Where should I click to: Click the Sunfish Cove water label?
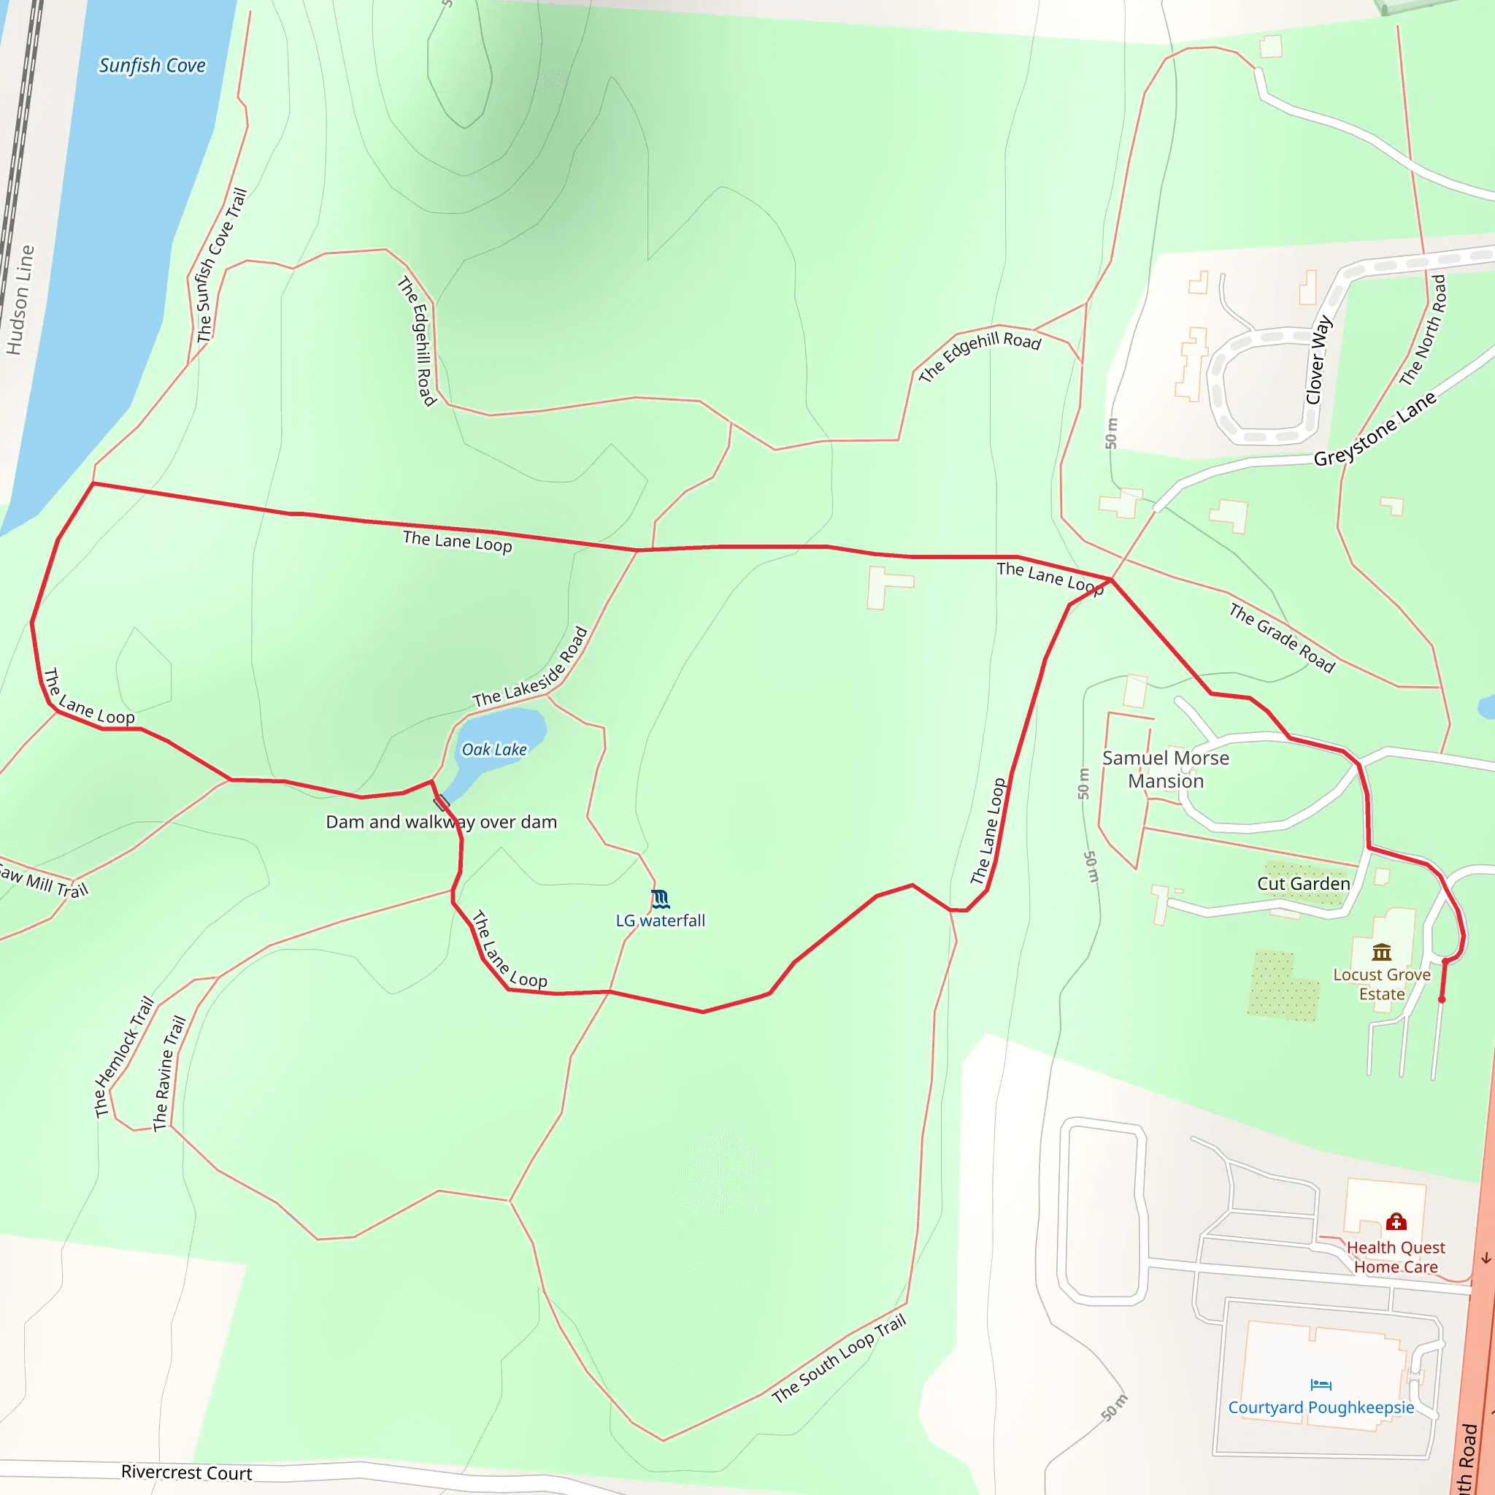(152, 66)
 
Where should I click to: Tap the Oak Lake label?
(493, 749)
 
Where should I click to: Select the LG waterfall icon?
(660, 899)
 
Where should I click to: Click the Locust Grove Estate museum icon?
(1381, 952)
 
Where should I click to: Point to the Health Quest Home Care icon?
(1396, 1222)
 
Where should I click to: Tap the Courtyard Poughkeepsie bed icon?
(1321, 1384)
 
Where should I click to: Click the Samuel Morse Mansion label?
(1165, 769)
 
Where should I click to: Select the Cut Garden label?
(1303, 884)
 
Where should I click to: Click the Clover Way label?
(1318, 359)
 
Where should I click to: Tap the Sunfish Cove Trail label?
(221, 265)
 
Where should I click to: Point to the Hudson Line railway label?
(20, 299)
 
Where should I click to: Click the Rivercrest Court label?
(186, 1472)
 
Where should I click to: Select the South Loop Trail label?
(839, 1358)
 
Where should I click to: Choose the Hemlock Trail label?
(125, 1057)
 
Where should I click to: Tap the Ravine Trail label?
(169, 1073)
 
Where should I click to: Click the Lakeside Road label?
(531, 667)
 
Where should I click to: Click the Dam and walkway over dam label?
(441, 822)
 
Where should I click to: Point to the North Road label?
(1423, 331)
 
